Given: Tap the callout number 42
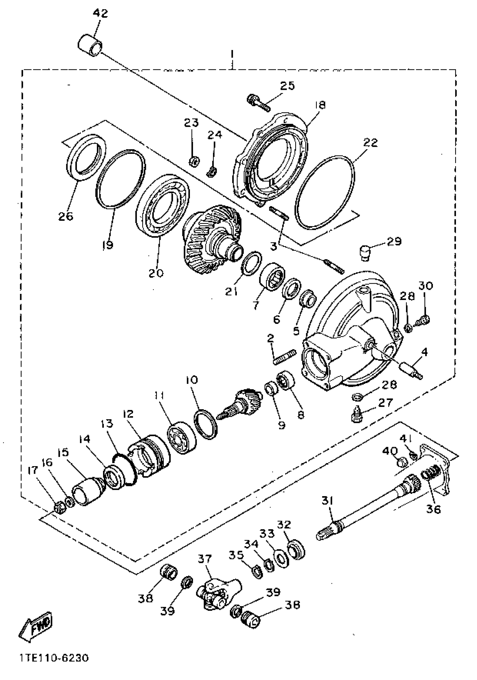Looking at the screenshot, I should click(x=100, y=13).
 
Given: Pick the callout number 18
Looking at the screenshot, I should click(x=320, y=105).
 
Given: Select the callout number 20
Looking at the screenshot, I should click(x=156, y=273).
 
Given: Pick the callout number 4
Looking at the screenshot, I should click(x=424, y=352).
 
